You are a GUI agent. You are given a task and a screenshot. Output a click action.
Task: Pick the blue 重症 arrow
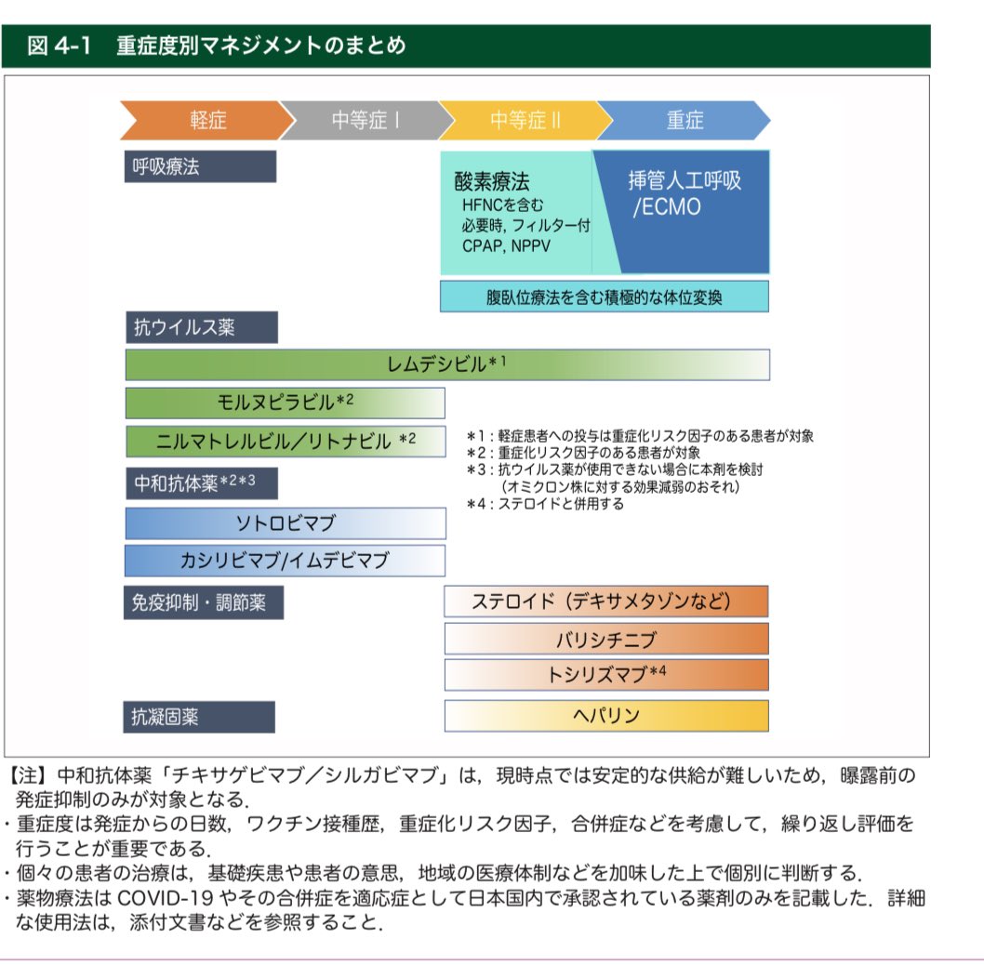(x=685, y=120)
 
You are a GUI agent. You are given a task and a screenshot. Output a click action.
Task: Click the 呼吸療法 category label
(x=200, y=166)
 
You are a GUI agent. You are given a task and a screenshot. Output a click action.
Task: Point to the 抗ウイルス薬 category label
(x=201, y=327)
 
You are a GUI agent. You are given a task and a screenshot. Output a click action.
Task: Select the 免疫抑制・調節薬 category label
(x=204, y=602)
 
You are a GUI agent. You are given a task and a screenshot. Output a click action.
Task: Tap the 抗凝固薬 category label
(x=199, y=717)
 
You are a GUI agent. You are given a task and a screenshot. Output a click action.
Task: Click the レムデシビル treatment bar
(x=447, y=364)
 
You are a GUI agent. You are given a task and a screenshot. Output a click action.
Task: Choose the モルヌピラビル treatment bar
(x=285, y=402)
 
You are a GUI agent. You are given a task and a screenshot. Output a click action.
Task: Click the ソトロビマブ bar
(x=285, y=522)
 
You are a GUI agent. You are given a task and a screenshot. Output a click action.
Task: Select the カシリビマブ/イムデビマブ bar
(x=285, y=560)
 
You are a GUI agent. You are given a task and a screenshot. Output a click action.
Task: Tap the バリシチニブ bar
(x=606, y=639)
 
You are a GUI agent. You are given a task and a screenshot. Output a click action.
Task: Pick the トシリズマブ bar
(x=606, y=674)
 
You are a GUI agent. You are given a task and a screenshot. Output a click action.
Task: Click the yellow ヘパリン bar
(x=606, y=716)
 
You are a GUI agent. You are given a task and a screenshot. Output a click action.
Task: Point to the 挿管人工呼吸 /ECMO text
(x=685, y=192)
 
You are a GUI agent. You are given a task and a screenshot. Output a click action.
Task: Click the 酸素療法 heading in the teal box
(x=492, y=180)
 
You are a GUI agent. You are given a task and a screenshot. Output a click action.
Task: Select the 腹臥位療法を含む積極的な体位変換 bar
(x=605, y=297)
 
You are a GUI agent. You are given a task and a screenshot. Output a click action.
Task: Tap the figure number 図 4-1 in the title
(x=59, y=46)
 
